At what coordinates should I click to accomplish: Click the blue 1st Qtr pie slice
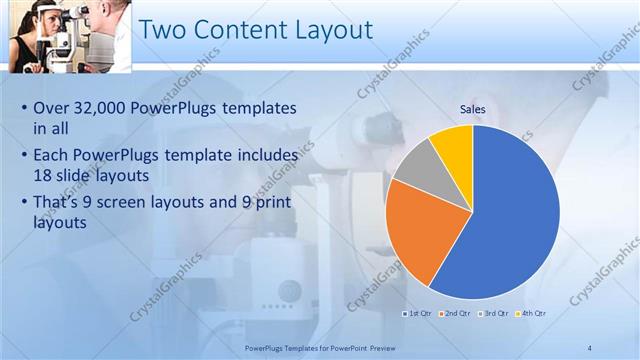(510, 220)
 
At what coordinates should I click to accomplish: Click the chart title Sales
(473, 108)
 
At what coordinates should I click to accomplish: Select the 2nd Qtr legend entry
(457, 313)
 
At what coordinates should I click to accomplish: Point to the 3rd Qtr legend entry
(495, 313)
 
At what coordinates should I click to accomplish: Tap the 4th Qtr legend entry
(532, 313)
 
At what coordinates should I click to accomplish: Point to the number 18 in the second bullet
(44, 177)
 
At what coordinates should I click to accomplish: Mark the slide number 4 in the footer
(589, 347)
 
